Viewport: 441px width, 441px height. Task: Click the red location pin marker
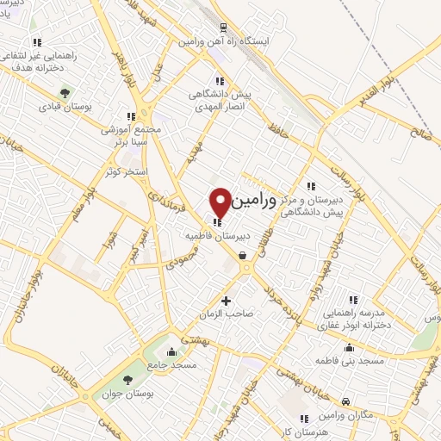coord(221,202)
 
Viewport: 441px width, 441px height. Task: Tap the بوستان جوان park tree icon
coord(128,380)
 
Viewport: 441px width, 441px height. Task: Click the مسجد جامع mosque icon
coord(172,351)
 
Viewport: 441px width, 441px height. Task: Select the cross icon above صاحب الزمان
coord(227,301)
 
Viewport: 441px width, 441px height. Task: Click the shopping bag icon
coord(243,255)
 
